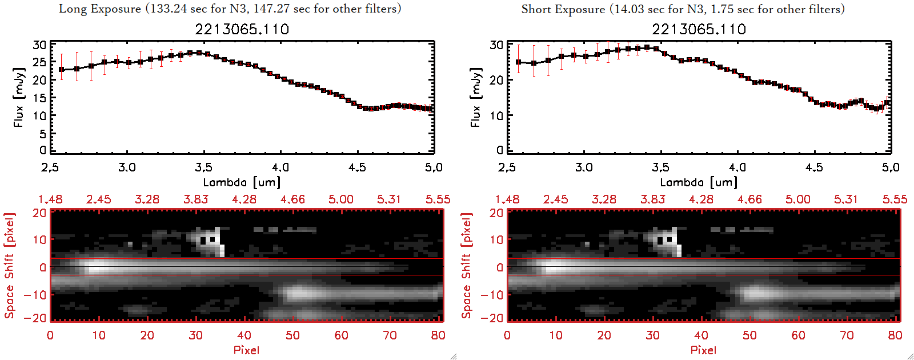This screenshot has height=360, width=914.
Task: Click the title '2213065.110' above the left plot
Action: pyautogui.click(x=242, y=29)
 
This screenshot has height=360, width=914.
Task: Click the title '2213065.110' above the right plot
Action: pyautogui.click(x=699, y=29)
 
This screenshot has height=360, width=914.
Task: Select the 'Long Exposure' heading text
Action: pyautogui.click(x=100, y=9)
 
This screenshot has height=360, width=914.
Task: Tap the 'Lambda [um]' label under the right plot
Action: pyautogui.click(x=699, y=182)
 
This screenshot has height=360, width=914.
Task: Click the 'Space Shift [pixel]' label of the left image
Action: pyautogui.click(x=9, y=266)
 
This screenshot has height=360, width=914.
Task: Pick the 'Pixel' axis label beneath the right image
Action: pyautogui.click(x=703, y=350)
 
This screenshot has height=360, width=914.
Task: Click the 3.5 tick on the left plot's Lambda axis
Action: pyautogui.click(x=203, y=167)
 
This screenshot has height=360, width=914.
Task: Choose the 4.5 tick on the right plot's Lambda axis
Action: pyautogui.click(x=814, y=167)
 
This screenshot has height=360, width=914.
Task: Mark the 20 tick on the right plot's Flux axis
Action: pyautogui.click(x=496, y=80)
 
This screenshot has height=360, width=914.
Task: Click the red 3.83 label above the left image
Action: pyautogui.click(x=195, y=199)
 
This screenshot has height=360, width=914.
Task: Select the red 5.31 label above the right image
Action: pyautogui.click(x=846, y=199)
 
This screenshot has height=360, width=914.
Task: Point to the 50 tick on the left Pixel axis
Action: pyautogui.click(x=292, y=335)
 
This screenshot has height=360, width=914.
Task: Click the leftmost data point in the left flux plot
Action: pyautogui.click(x=62, y=70)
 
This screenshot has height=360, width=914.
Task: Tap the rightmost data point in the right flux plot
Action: pyautogui.click(x=887, y=103)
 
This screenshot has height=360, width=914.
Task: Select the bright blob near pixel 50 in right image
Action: pyautogui.click(x=755, y=293)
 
